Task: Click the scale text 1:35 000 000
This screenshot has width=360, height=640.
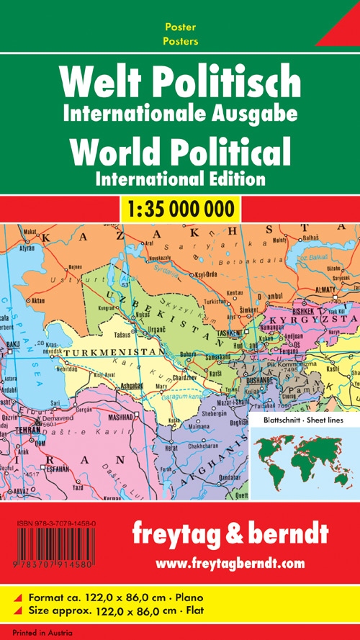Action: pos(179,209)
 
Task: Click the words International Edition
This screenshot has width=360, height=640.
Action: pos(180,177)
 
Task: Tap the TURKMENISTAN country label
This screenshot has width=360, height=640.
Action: pos(110,351)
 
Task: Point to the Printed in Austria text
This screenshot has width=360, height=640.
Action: pos(32,633)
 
